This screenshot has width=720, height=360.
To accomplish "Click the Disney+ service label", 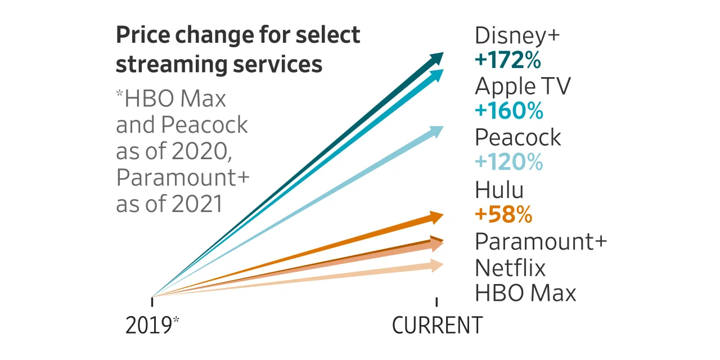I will (x=517, y=35).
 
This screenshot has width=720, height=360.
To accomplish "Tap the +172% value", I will (x=508, y=60).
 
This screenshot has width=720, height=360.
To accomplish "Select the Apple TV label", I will (x=523, y=87).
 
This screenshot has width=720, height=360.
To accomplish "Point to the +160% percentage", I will (x=509, y=111).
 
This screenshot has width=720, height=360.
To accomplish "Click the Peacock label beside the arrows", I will (x=517, y=138).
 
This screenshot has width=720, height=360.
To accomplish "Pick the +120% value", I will (x=509, y=163).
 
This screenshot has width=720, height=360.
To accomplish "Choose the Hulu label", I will (x=499, y=190).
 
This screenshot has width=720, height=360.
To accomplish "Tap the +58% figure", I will (x=503, y=214).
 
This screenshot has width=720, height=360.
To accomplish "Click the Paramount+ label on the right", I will (x=541, y=241).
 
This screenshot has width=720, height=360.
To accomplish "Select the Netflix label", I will (x=510, y=268).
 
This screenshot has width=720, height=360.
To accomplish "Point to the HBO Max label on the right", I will (x=525, y=293).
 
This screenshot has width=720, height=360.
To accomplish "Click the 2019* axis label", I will (x=152, y=326).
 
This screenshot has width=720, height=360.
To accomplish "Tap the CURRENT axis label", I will (x=437, y=326).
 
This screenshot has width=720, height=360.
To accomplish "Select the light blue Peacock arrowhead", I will (x=436, y=132).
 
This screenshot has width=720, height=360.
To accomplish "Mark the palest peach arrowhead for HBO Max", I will (x=436, y=265).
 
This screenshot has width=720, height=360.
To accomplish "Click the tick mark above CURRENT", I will (x=437, y=301).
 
